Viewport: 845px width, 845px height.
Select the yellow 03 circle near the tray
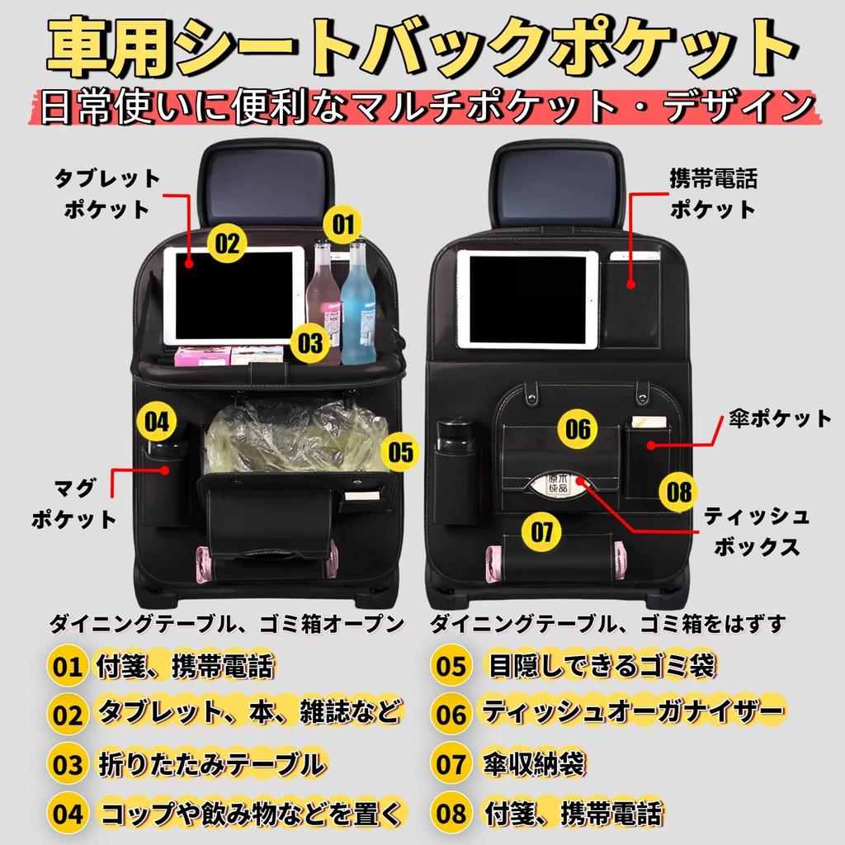[310, 342]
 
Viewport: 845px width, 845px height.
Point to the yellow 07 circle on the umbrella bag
[542, 532]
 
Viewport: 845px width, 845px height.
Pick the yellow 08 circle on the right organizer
[679, 493]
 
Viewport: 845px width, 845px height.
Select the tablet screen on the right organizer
[527, 299]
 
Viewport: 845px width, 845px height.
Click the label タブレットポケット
[107, 193]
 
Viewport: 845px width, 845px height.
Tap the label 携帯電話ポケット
[713, 193]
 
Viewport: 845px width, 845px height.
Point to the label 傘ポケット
[779, 419]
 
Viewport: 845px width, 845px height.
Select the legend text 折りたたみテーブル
[210, 764]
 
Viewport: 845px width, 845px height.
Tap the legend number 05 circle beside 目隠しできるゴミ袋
[452, 666]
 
